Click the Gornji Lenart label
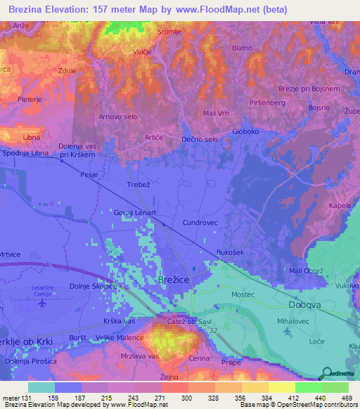click(135, 212)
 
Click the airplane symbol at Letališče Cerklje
click(41, 303)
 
